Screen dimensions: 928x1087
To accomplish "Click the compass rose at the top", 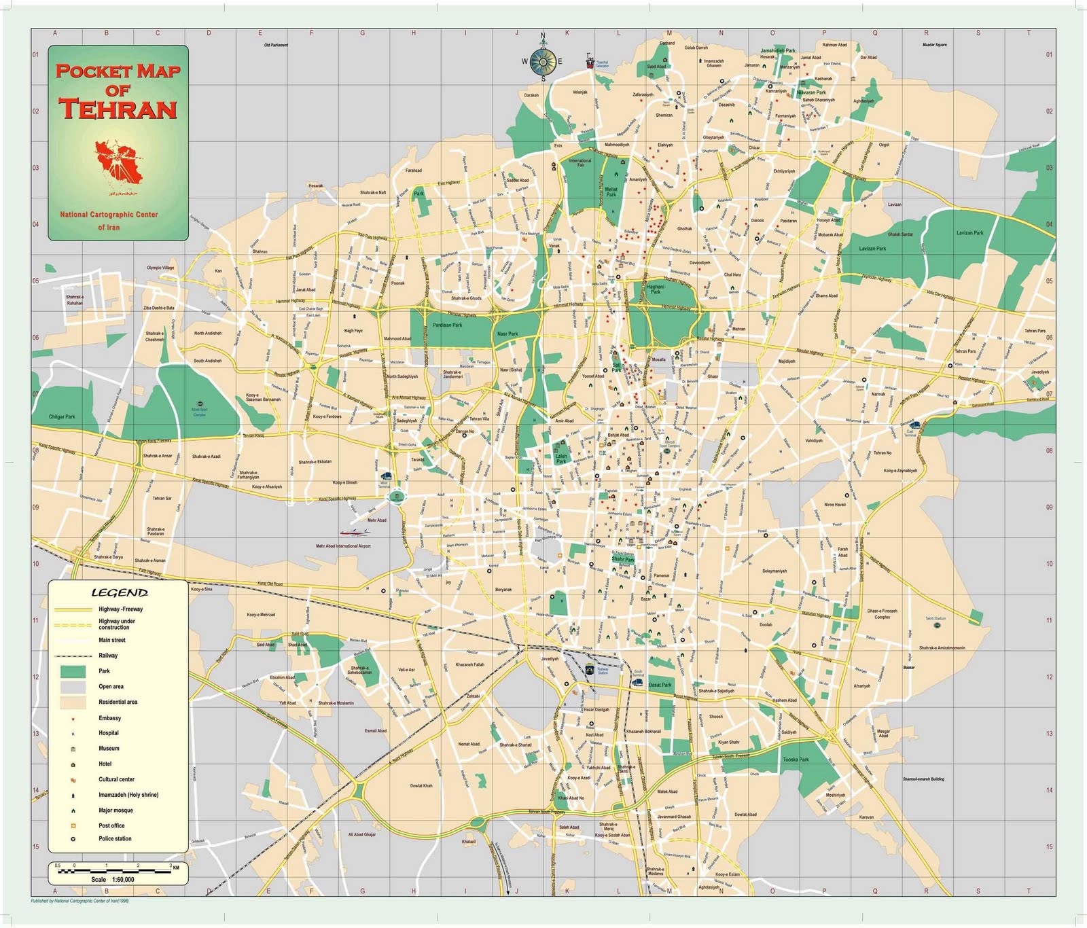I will (x=543, y=62).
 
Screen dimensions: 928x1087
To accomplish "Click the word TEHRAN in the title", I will (x=118, y=109).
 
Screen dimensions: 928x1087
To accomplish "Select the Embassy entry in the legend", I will (x=109, y=718).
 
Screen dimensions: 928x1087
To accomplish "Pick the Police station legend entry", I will (x=115, y=838).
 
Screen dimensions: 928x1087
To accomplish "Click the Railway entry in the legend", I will (x=108, y=656).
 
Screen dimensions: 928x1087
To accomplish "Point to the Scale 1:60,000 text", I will (x=113, y=879).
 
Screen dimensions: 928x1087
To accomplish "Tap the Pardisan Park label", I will (x=447, y=325).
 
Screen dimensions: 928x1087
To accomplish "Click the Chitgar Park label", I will (x=62, y=416).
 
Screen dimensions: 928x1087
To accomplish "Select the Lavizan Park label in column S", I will (x=969, y=233).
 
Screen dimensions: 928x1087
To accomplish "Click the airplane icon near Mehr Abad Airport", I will (x=355, y=532).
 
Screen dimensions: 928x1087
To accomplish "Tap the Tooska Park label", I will (x=796, y=760).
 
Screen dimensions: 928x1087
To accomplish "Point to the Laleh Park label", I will (x=561, y=459).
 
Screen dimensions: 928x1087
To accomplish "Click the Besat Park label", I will (x=660, y=685).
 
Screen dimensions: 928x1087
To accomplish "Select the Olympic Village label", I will (x=160, y=268).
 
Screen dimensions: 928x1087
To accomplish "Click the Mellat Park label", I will (x=611, y=192).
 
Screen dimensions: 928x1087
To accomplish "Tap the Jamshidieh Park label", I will (x=778, y=50).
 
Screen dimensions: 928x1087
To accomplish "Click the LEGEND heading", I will (x=120, y=593).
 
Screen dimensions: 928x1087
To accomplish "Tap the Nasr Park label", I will (x=507, y=334).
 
